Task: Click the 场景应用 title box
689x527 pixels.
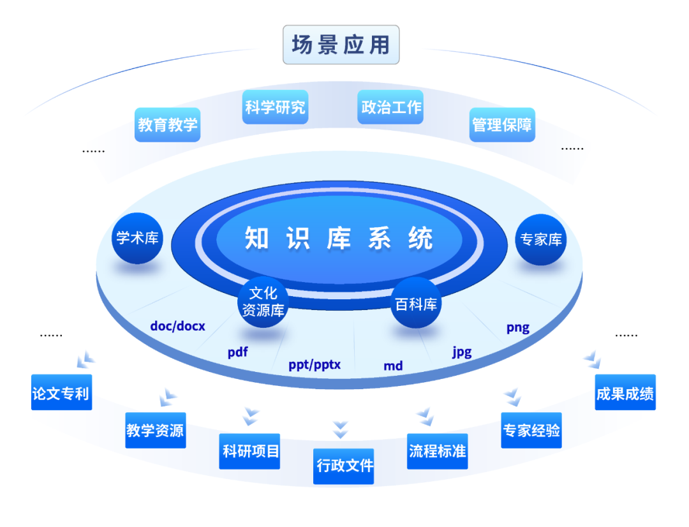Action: (x=341, y=45)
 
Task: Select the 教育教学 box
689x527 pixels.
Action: (x=168, y=124)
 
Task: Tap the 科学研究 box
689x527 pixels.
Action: (x=275, y=107)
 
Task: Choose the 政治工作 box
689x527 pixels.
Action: (x=391, y=107)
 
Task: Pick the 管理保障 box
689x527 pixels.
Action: (x=502, y=124)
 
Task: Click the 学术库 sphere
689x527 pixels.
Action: (x=137, y=239)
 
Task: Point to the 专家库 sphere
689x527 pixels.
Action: (x=541, y=240)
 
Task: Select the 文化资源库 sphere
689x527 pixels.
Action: (x=263, y=302)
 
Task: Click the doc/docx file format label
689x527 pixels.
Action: (x=178, y=326)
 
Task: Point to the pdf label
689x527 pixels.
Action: (x=237, y=352)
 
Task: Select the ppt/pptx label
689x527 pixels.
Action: (x=315, y=365)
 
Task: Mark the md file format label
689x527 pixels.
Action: (x=393, y=366)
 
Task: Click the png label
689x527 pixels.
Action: (x=518, y=328)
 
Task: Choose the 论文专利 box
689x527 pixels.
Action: (x=61, y=392)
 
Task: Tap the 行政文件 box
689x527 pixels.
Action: (x=344, y=466)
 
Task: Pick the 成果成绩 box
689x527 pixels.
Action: (x=625, y=392)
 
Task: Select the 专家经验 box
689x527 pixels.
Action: (x=531, y=431)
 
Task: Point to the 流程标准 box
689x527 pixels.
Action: (x=438, y=452)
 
